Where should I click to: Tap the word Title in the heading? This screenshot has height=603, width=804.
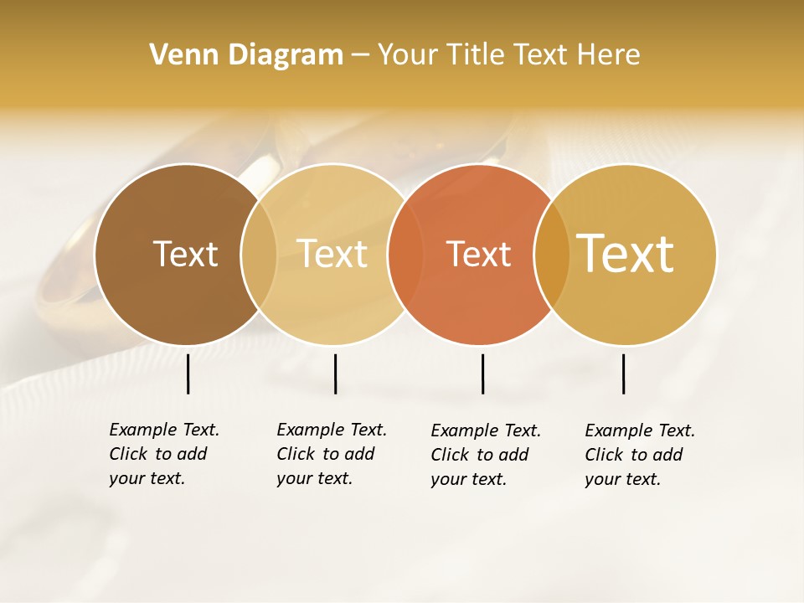click(x=475, y=55)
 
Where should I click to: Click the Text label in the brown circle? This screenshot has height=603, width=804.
click(x=185, y=254)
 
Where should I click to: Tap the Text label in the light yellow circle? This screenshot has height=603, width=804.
click(x=332, y=254)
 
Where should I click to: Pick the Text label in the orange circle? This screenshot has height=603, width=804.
click(x=478, y=255)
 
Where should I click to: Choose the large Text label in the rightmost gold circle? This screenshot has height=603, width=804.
click(x=626, y=254)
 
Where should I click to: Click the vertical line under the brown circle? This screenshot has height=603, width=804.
click(x=188, y=374)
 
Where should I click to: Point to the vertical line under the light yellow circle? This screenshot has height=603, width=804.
click(x=335, y=374)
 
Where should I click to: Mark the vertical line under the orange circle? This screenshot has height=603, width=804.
click(x=483, y=374)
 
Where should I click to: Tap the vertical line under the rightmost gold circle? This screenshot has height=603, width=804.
click(x=624, y=374)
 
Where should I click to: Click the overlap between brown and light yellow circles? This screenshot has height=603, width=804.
click(x=259, y=254)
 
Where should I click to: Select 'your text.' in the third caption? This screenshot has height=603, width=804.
click(x=468, y=480)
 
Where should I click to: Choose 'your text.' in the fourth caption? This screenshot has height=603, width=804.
click(x=622, y=480)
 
